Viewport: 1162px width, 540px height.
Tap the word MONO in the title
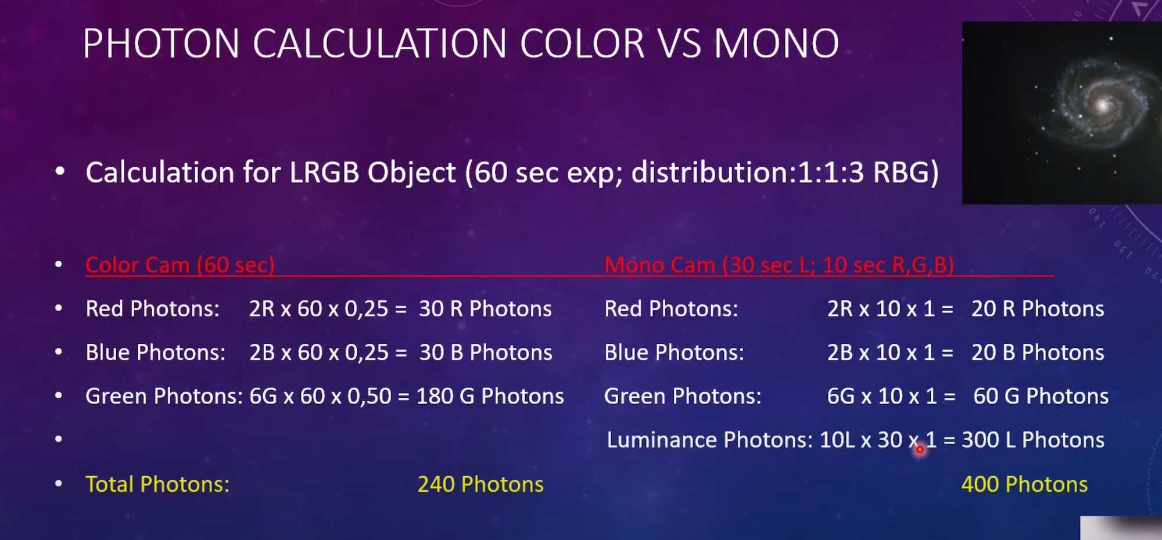776,44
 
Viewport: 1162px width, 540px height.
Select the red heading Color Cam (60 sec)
180,265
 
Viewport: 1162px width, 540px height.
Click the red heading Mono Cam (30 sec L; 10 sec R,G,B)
779,265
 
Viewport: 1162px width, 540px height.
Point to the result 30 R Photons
486,309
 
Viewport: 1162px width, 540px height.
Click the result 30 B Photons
486,352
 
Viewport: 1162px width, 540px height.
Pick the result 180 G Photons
490,396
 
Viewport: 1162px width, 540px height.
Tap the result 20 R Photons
1038,309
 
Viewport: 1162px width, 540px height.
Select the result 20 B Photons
1038,352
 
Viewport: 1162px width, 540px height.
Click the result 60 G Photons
1041,396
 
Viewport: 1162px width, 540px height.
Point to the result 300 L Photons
1034,440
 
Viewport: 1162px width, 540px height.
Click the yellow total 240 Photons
481,484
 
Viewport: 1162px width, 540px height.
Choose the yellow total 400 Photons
1025,484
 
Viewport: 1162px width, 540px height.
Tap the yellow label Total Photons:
157,484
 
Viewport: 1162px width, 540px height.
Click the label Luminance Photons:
710,440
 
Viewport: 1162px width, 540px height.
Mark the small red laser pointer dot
920,449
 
